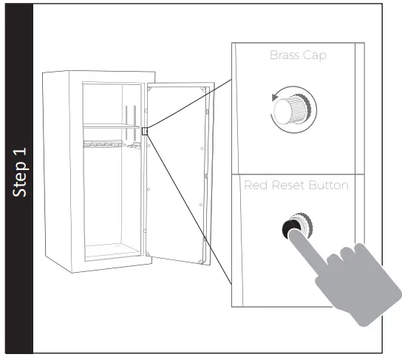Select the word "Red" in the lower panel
(256, 185)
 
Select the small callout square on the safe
(146, 131)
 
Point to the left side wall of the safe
(62, 170)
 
